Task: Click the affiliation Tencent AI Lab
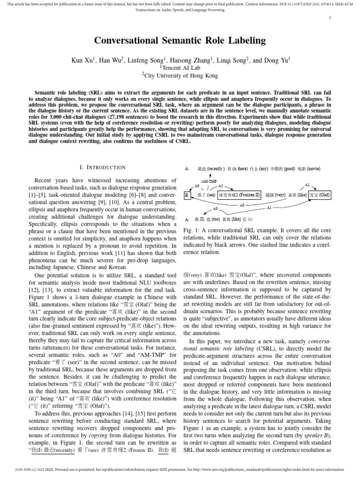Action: tap(180, 67)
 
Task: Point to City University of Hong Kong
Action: tap(181, 75)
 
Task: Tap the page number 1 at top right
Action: tap(330, 18)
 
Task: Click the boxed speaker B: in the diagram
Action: tap(187, 195)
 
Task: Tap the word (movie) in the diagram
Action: tap(314, 168)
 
